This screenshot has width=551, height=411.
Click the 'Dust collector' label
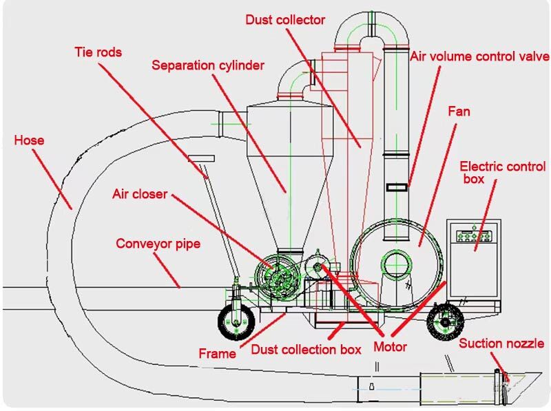(285, 20)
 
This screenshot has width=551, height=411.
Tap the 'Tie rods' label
(98, 52)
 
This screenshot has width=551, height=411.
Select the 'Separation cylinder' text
(208, 66)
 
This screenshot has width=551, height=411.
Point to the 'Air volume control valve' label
(480, 56)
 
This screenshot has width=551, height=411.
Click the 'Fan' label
(459, 111)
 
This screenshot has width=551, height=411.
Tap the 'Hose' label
(29, 140)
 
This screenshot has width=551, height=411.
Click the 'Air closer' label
(140, 194)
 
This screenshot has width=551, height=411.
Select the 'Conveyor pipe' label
(158, 244)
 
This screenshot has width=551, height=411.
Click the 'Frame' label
(217, 353)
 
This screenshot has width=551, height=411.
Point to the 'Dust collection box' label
(306, 349)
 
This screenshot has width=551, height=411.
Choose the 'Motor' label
(390, 347)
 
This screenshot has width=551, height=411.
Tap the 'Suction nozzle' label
(501, 344)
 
